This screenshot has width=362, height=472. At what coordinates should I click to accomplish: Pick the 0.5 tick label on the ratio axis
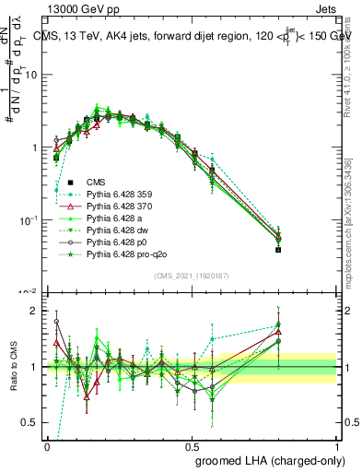point(32,422)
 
